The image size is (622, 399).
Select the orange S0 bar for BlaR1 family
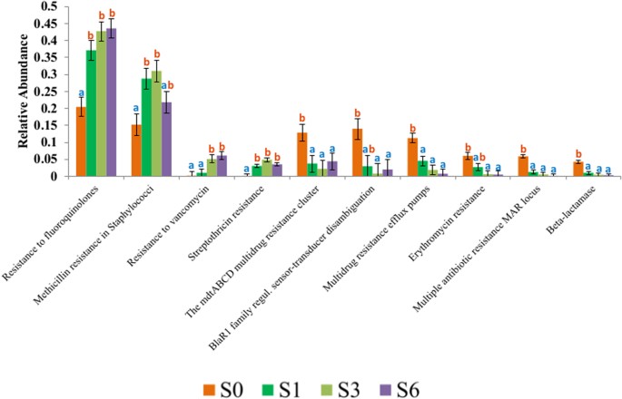(x=357, y=152)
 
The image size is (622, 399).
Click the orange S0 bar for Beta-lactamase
(x=578, y=170)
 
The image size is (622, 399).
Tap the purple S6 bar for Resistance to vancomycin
(x=222, y=166)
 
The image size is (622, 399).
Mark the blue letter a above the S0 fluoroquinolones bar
(x=81, y=93)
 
